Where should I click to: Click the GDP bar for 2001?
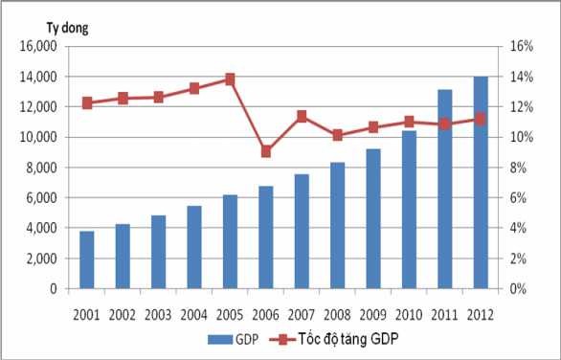click(x=87, y=259)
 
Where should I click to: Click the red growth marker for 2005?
click(x=231, y=79)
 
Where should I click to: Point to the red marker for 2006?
click(x=267, y=151)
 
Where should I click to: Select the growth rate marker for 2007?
click(x=303, y=117)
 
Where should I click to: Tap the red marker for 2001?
click(x=87, y=102)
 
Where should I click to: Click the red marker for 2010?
click(x=410, y=122)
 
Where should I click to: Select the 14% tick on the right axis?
click(x=520, y=77)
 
